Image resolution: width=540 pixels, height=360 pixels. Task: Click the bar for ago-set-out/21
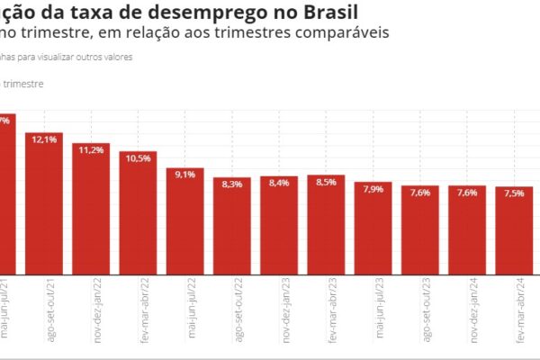pyautogui.click(x=44, y=207)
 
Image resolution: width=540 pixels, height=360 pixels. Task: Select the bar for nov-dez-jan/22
pyautogui.click(x=91, y=211)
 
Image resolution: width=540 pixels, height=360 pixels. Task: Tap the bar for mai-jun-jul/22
pyautogui.click(x=184, y=223)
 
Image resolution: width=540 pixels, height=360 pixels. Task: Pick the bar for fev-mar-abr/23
pyautogui.click(x=326, y=227)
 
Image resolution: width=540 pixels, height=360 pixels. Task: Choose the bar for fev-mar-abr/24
pyautogui.click(x=514, y=232)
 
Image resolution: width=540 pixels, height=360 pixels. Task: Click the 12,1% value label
pyautogui.click(x=44, y=140)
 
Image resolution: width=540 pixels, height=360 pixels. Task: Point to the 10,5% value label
pyautogui.click(x=138, y=158)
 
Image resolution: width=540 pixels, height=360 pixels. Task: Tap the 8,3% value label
pyautogui.click(x=231, y=184)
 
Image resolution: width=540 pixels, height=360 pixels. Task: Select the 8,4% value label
pyautogui.click(x=279, y=183)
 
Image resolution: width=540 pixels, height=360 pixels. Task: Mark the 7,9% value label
pyautogui.click(x=373, y=189)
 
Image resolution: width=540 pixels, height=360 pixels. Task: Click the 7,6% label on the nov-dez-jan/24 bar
pyautogui.click(x=466, y=193)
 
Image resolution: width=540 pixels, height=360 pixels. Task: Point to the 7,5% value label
pyautogui.click(x=514, y=193)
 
